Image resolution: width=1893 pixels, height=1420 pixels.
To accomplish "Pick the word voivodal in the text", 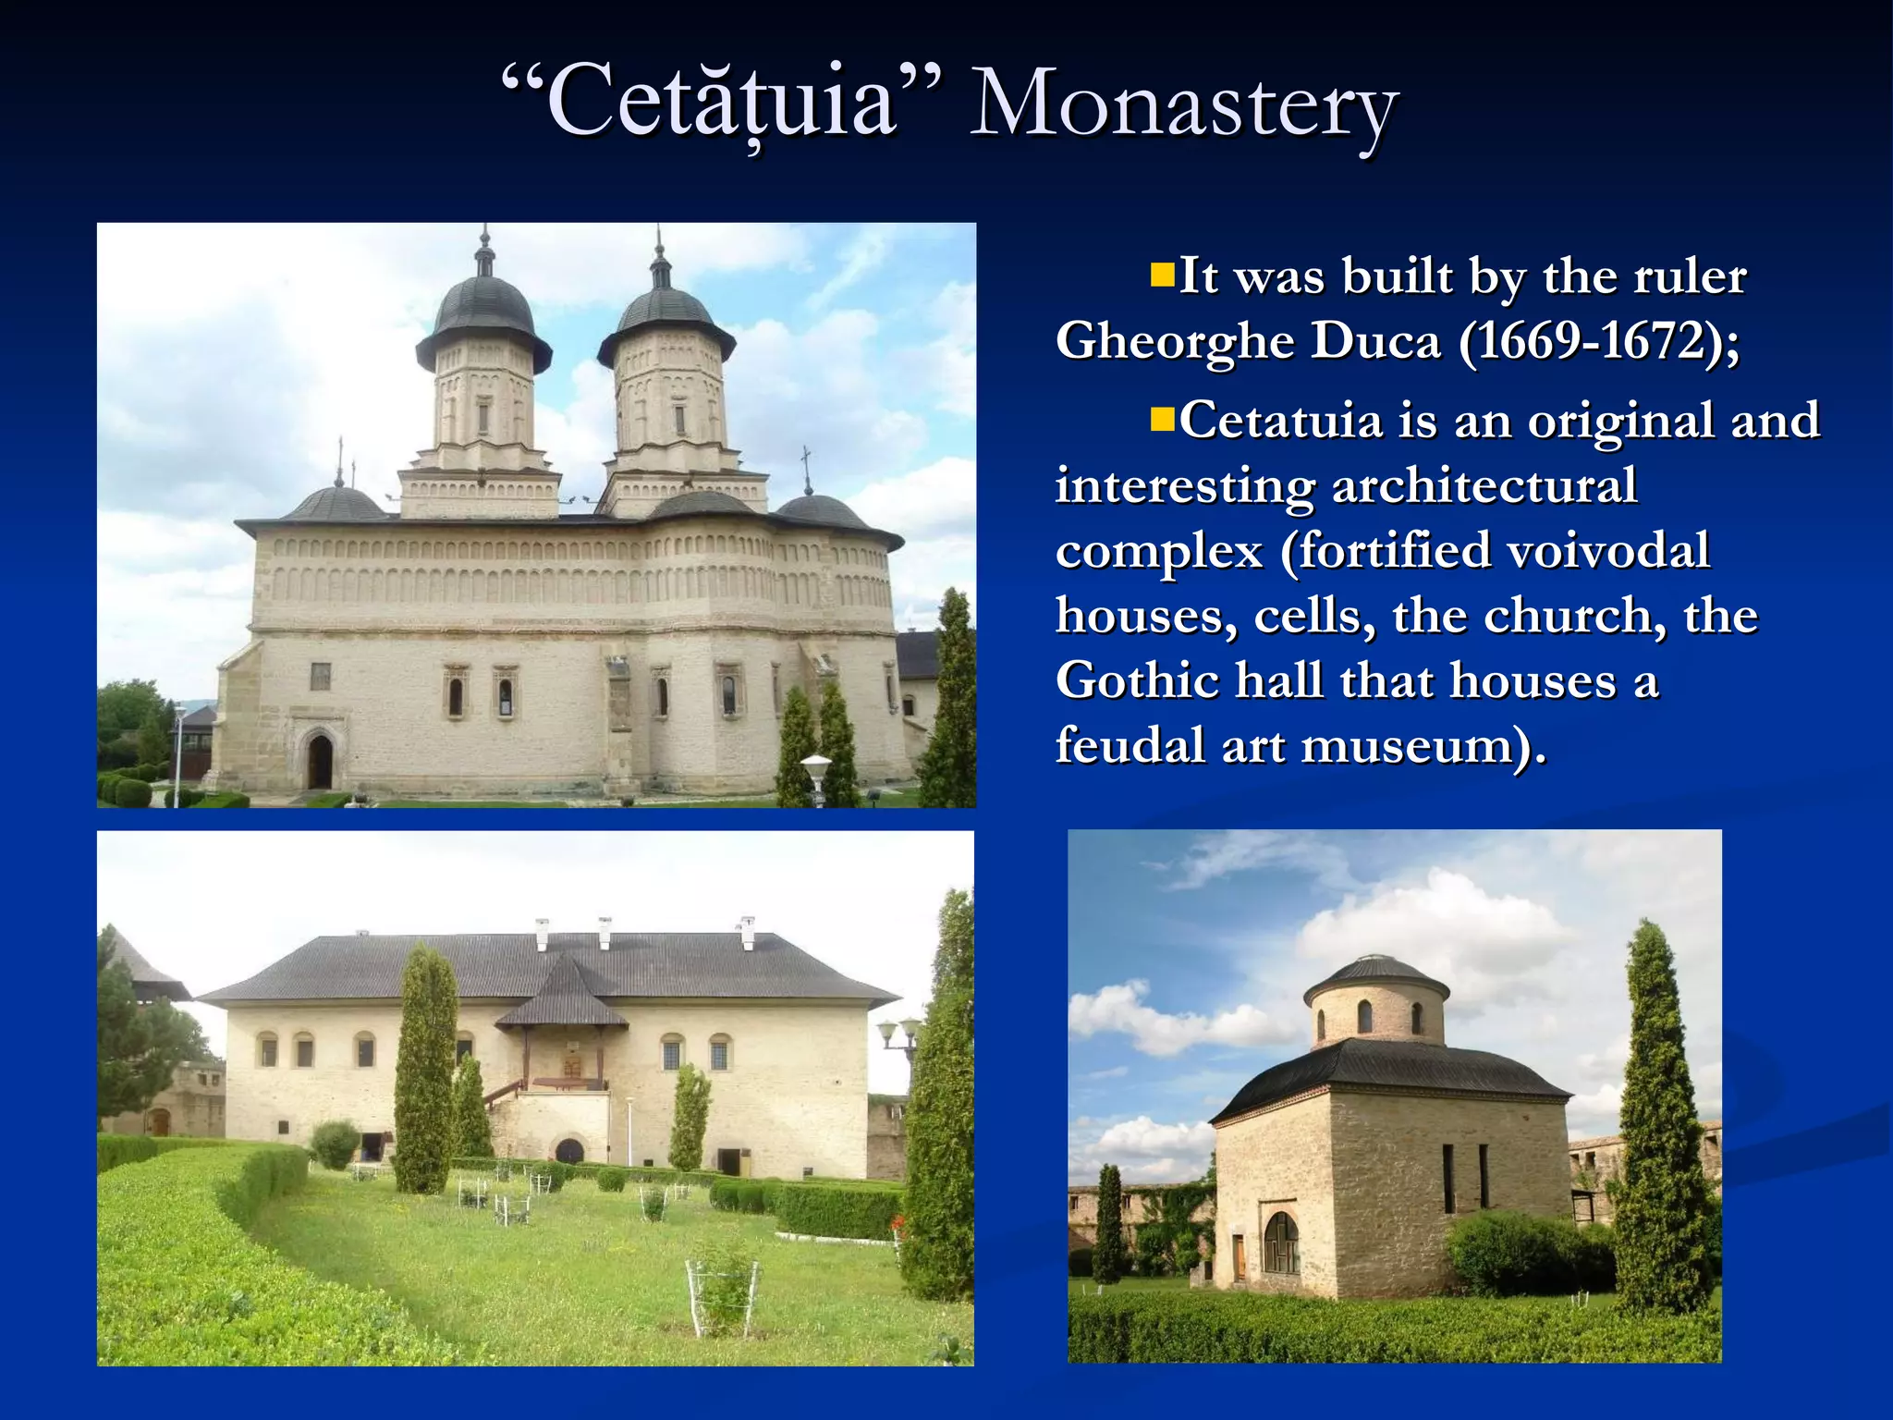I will [x=1608, y=551].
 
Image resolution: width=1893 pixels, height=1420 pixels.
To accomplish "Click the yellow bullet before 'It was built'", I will [x=1161, y=275].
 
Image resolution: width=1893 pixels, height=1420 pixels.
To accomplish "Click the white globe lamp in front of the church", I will [x=816, y=765].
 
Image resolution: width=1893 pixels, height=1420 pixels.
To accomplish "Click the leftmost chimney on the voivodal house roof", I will [x=542, y=933].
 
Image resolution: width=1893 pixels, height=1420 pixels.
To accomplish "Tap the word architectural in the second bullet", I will [x=1484, y=486].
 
